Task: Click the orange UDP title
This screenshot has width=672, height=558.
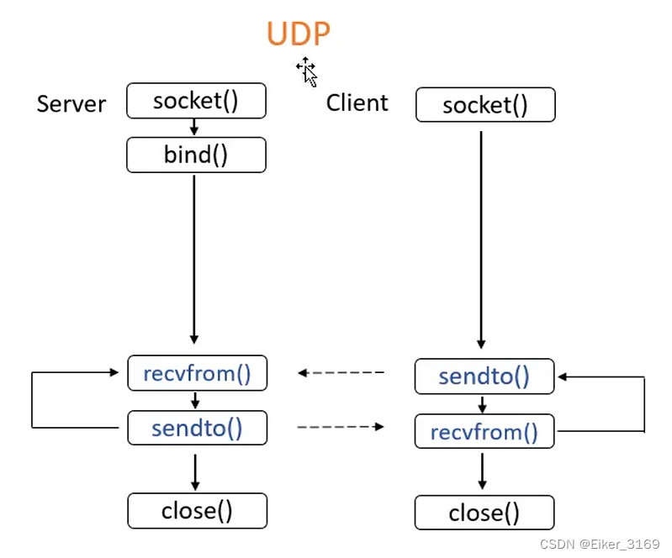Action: click(299, 34)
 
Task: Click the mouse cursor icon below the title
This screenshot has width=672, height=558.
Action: click(307, 72)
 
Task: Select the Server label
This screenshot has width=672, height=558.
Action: click(71, 104)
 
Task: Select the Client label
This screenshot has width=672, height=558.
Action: click(357, 103)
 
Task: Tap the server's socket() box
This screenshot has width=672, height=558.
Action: click(196, 101)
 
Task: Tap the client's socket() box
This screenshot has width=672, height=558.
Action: click(485, 105)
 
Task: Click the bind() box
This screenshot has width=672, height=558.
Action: click(196, 155)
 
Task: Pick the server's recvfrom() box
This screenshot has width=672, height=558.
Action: click(197, 373)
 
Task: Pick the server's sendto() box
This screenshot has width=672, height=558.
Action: click(197, 428)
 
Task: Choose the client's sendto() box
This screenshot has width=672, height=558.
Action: click(484, 376)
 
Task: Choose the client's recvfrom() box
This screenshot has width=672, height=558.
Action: click(484, 432)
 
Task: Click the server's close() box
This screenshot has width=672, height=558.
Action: click(197, 510)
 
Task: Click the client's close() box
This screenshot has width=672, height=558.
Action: click(484, 513)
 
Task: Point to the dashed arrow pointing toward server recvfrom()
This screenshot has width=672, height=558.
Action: click(341, 372)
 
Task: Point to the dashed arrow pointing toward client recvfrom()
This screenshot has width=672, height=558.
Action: click(341, 427)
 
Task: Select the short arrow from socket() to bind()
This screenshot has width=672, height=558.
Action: click(195, 128)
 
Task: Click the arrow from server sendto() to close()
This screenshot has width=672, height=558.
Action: click(195, 471)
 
